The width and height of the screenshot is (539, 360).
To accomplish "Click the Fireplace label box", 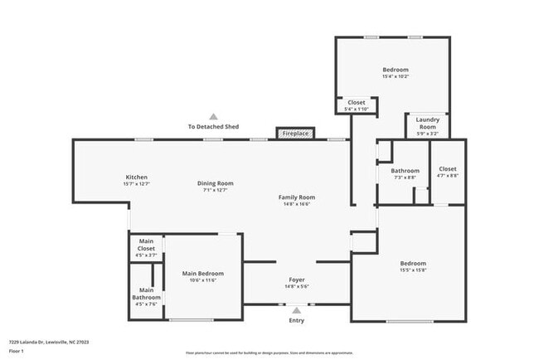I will tap(295, 134).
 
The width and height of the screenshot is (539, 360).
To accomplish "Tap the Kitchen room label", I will tap(137, 178).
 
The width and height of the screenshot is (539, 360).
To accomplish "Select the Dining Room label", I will tap(215, 183).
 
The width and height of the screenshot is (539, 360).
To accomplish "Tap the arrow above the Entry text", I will tap(296, 309).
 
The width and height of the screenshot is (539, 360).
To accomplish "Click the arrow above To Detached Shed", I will tap(213, 117).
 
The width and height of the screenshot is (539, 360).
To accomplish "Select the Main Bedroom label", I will tap(203, 273).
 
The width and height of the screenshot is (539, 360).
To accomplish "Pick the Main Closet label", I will tap(146, 246).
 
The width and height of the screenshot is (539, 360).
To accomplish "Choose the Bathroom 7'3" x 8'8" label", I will tap(405, 171).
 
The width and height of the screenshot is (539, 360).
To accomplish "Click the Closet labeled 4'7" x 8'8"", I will tap(448, 168).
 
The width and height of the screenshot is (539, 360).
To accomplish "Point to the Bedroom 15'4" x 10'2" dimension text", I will tap(396, 76).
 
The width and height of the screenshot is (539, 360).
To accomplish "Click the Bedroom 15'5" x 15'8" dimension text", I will tap(413, 270).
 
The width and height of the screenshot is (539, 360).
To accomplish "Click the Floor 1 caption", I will tap(17, 351).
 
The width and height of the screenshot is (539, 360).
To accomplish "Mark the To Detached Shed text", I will tap(213, 127).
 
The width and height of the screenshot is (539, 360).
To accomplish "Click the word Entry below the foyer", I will tap(296, 320).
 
